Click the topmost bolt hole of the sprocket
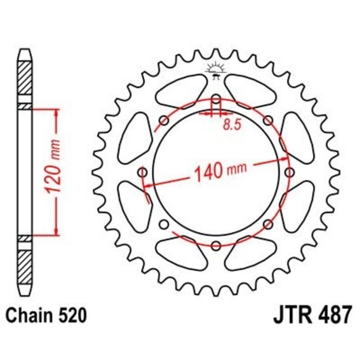216,99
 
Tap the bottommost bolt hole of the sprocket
216,245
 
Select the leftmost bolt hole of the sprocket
144,172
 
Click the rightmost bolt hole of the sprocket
289,172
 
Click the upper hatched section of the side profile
26,77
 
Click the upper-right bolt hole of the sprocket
268,120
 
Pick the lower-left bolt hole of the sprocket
164,224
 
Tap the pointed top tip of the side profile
26,51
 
